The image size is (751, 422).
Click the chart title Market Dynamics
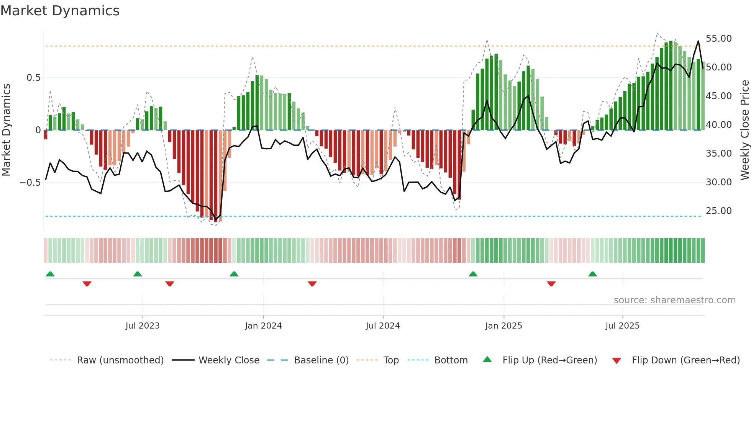pyautogui.click(x=60, y=11)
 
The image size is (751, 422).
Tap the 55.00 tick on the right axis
pyautogui.click(x=718, y=39)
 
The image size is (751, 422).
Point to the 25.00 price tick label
pyautogui.click(x=718, y=211)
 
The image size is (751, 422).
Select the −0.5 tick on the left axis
pyautogui.click(x=30, y=183)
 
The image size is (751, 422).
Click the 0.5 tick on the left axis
pyautogui.click(x=33, y=78)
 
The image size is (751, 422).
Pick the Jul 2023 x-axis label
pyautogui.click(x=143, y=326)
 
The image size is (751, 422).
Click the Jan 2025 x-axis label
pyautogui.click(x=503, y=326)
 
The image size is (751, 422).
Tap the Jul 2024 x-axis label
pyautogui.click(x=383, y=326)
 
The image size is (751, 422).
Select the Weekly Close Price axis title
pyautogui.click(x=744, y=130)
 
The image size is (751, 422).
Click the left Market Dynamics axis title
pyautogui.click(x=6, y=130)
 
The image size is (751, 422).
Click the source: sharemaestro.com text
pyautogui.click(x=674, y=300)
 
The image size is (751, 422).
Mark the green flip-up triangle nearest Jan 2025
pyautogui.click(x=473, y=274)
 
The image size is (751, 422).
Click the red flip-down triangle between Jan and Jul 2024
pyautogui.click(x=312, y=284)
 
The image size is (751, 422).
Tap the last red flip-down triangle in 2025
pyautogui.click(x=551, y=284)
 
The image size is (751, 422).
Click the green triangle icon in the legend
pyautogui.click(x=487, y=359)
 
